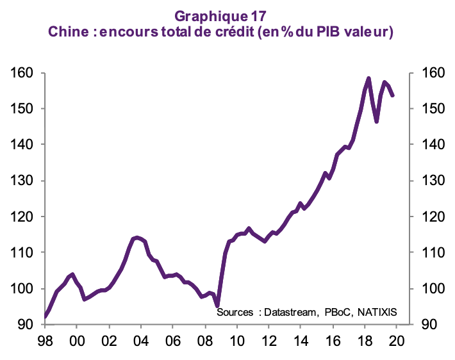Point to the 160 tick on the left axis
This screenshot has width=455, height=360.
[23, 73]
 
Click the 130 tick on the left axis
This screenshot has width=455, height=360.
[23, 181]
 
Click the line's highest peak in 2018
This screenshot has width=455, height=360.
[368, 79]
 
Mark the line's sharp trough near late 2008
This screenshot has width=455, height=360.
[217, 306]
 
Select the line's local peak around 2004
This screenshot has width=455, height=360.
[136, 238]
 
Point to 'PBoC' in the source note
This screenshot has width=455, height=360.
[335, 313]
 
